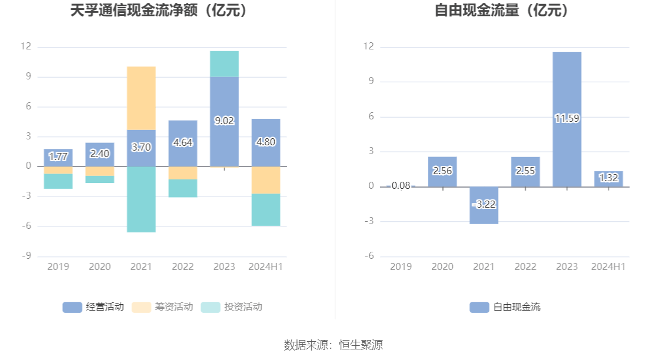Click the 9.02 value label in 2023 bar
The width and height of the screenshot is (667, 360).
tap(224, 121)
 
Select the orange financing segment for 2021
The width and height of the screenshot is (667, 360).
tap(141, 98)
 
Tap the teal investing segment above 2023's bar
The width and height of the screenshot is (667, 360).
tap(224, 64)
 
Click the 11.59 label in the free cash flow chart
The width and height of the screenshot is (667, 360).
tap(567, 118)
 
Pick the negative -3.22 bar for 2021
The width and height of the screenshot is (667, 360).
tap(484, 205)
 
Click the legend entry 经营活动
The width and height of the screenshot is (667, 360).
tap(94, 306)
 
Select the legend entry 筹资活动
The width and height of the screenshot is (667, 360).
tap(162, 306)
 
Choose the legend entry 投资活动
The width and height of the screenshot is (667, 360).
tap(231, 306)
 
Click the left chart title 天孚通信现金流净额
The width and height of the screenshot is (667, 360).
tap(158, 10)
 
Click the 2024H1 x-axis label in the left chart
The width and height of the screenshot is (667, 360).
tap(266, 266)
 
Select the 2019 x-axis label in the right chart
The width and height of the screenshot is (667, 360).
tap(401, 266)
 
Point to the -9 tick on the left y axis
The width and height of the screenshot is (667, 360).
tap(26, 255)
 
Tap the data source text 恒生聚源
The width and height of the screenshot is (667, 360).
tap(361, 345)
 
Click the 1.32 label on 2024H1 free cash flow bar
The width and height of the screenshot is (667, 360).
tap(608, 178)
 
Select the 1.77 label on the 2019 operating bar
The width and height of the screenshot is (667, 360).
tap(58, 156)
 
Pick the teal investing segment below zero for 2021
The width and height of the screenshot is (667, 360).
tap(141, 199)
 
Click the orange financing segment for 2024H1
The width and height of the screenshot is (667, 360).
tap(266, 180)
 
